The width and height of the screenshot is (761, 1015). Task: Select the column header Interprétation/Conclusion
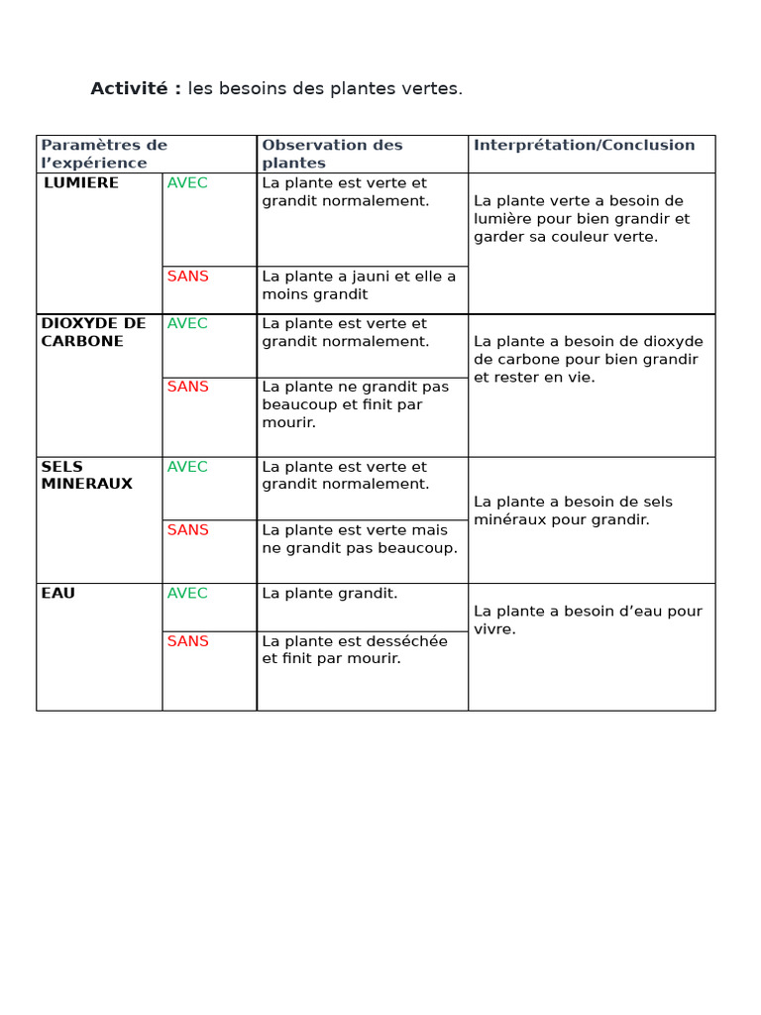(x=585, y=146)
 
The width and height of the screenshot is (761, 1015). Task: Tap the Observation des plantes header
(x=332, y=154)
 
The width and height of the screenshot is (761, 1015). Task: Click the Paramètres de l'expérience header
(x=104, y=154)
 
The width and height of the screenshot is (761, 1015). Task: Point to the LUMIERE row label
(x=81, y=183)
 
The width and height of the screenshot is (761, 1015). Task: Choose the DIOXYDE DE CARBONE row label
(x=93, y=332)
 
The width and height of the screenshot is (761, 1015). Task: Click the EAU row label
(x=58, y=594)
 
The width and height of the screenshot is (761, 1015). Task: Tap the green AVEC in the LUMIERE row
(x=187, y=183)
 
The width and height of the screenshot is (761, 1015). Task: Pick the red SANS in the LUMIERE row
(x=188, y=277)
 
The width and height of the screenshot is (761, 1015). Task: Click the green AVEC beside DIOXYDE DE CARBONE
(x=187, y=324)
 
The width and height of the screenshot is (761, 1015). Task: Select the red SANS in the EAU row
(x=188, y=641)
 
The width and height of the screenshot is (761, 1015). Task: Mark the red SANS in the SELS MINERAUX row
(x=188, y=530)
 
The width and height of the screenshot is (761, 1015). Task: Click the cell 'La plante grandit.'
(x=330, y=594)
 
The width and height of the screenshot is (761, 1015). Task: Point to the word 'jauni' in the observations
(x=356, y=277)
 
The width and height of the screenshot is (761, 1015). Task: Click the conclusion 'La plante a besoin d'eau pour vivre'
(x=588, y=620)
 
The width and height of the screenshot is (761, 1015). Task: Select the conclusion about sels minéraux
(x=588, y=510)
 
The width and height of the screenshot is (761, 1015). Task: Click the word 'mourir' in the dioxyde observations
(x=286, y=423)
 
